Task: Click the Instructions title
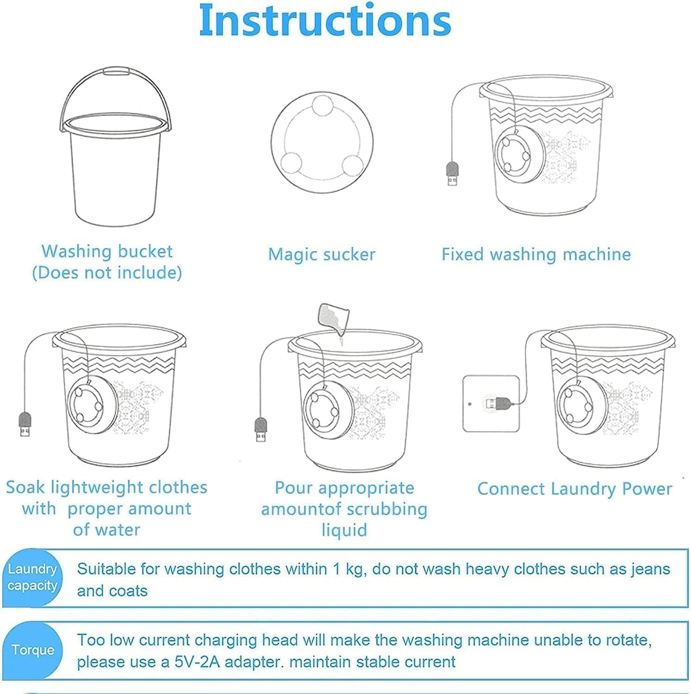pos(325,20)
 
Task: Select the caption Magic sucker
pos(322,254)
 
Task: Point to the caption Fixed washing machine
pos(536,254)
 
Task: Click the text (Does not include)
pos(107,273)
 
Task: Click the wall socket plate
pos(492,403)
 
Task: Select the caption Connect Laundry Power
pos(574,489)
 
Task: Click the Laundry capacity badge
pos(32,577)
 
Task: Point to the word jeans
pos(650,569)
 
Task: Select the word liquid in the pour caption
pos(344,530)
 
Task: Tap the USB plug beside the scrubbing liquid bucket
pos(261,429)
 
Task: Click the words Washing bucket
pos(107,251)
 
